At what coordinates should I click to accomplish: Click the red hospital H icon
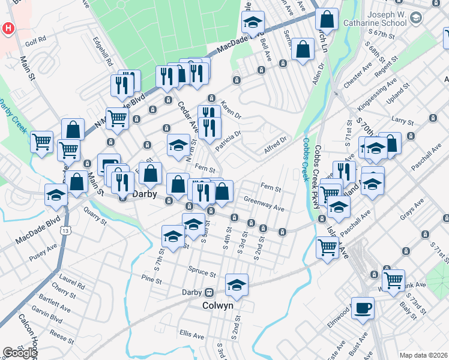click(x=8, y=28)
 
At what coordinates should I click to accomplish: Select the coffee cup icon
click(x=363, y=308)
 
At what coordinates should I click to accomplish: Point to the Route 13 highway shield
click(x=65, y=230)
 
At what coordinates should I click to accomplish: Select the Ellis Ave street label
click(x=191, y=332)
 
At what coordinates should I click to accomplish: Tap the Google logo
click(x=20, y=353)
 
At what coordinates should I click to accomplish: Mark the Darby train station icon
click(x=209, y=293)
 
